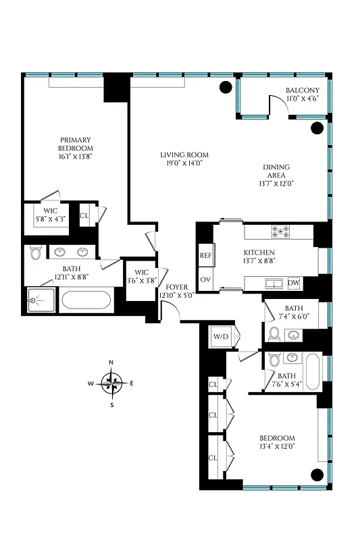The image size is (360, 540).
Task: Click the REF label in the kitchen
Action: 205,256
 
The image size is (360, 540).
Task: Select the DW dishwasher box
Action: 294,283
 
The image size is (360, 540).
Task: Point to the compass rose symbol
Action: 112,383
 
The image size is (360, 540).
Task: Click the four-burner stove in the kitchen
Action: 281,232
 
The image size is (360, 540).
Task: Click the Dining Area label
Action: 277,175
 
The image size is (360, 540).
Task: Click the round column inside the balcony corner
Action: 315,128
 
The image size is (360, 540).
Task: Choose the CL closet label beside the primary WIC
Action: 84,216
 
